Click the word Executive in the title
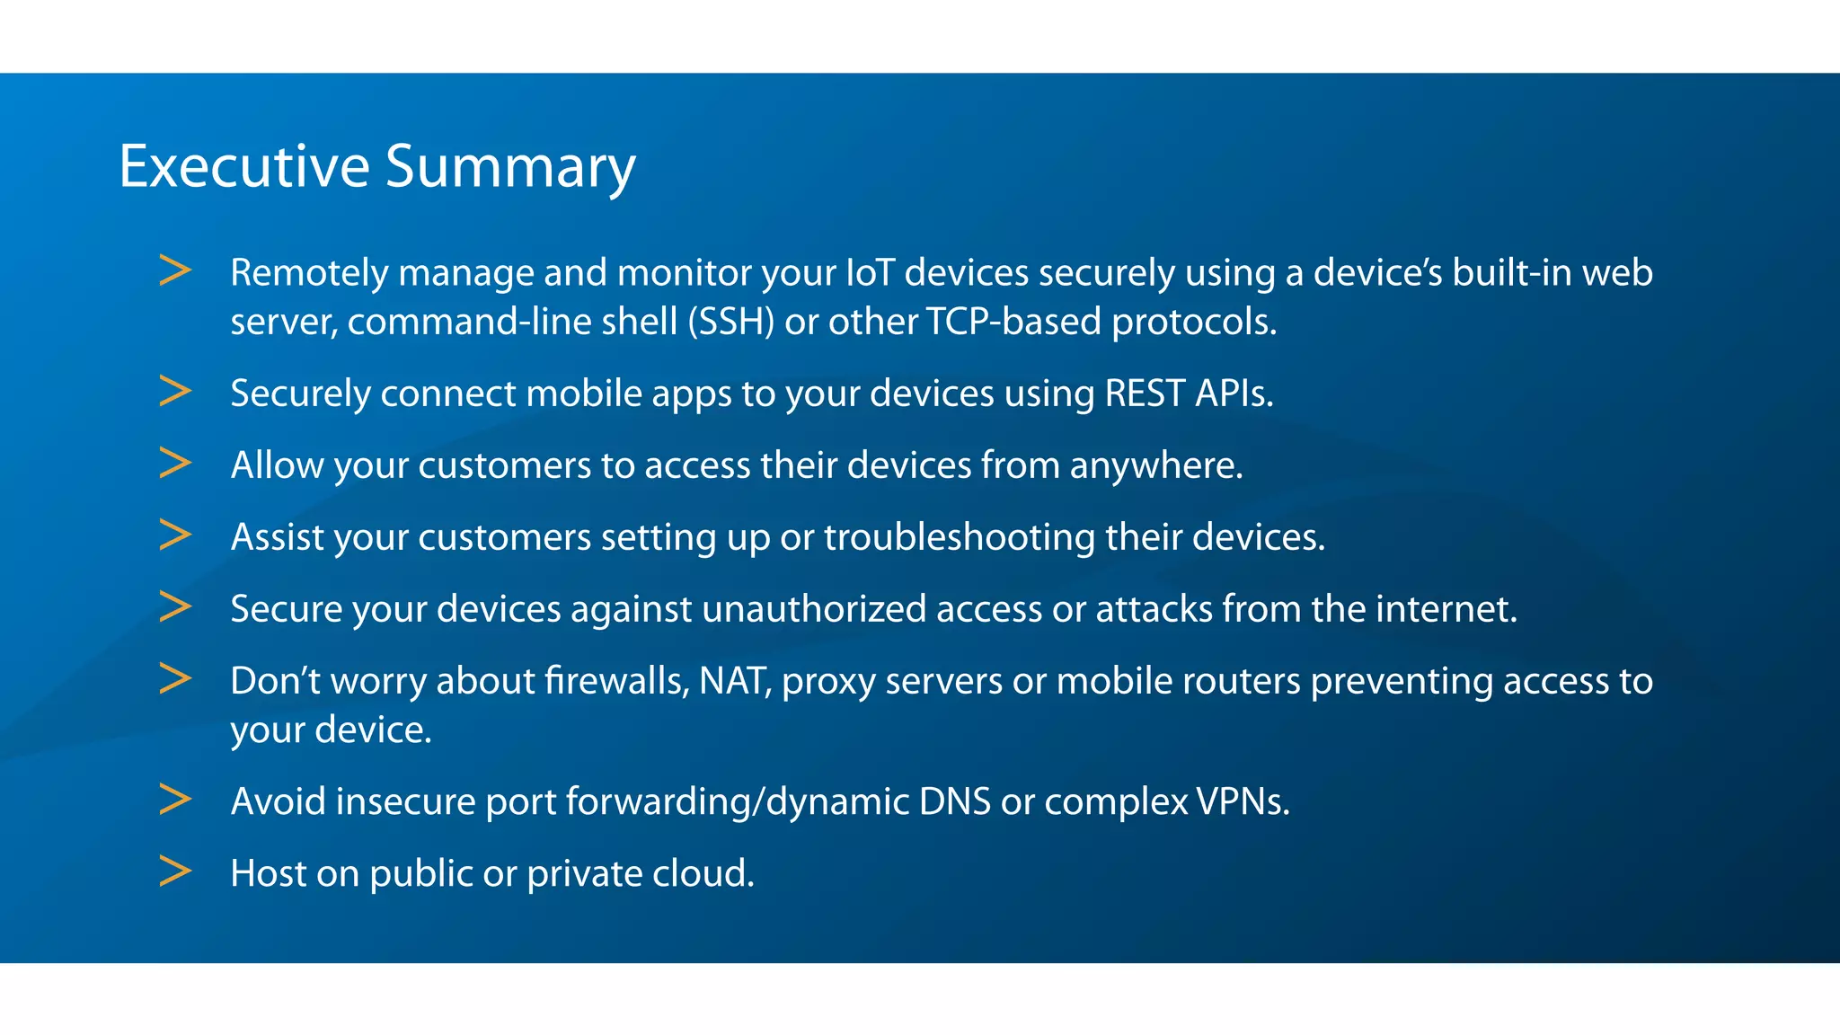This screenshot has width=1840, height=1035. [x=244, y=167]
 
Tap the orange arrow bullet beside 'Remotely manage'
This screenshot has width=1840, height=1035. [x=175, y=270]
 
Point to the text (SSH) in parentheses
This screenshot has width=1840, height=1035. [x=730, y=322]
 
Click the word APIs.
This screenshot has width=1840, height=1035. [x=1234, y=394]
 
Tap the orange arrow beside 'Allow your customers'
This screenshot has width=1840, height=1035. [x=175, y=463]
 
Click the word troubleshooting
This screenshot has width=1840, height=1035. [x=960, y=537]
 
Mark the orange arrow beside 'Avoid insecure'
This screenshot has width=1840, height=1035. [x=175, y=799]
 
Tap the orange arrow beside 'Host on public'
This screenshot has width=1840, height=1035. [x=175, y=871]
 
